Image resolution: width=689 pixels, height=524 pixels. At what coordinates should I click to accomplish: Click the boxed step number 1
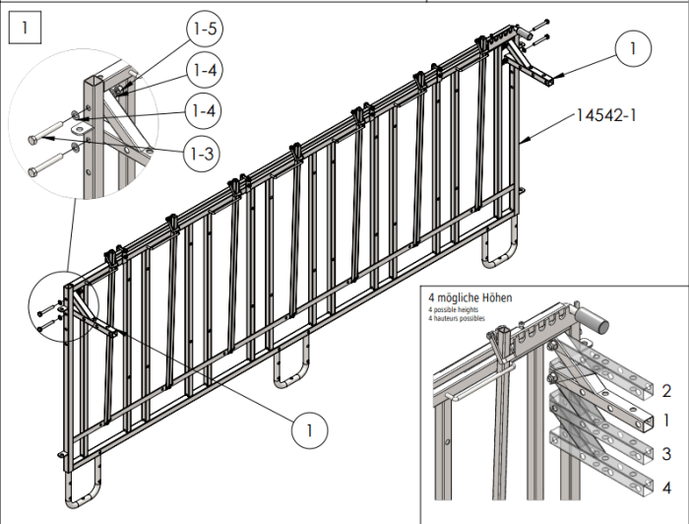point(25,27)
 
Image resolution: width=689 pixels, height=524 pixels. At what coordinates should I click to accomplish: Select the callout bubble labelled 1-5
point(204,30)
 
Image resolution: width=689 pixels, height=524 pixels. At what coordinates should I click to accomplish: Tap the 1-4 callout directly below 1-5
point(204,70)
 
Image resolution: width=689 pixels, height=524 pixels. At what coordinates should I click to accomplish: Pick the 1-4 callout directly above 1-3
point(204,111)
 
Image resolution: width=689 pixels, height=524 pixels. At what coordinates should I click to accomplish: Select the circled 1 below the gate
point(309,430)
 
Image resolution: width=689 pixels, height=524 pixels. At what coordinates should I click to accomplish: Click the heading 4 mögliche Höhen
point(470,297)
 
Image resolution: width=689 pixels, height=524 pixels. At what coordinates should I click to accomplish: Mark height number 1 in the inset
point(666,421)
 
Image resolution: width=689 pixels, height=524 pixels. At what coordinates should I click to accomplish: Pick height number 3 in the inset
point(666,453)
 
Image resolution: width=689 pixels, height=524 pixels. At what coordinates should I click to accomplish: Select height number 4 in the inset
point(666,486)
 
